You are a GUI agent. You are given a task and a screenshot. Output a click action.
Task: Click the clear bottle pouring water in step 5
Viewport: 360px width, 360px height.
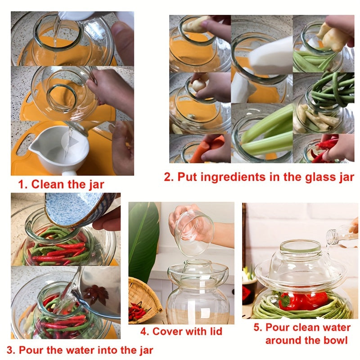342,236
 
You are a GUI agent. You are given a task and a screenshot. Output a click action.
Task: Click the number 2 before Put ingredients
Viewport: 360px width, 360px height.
168,177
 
